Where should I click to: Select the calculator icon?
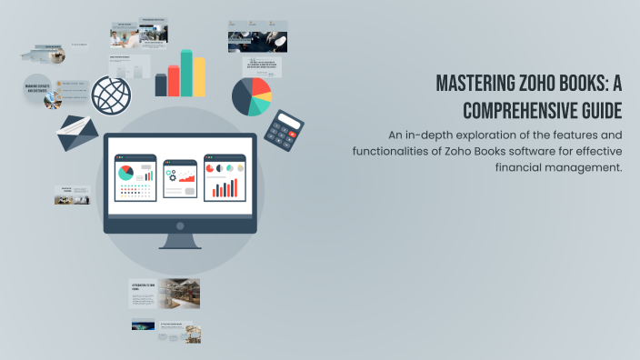(x=284, y=132)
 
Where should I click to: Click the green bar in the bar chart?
(x=186, y=73)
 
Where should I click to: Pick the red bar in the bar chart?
(x=173, y=80)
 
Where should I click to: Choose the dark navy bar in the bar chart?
(x=161, y=85)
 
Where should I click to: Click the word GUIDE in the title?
(x=602, y=111)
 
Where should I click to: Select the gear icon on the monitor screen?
(x=171, y=175)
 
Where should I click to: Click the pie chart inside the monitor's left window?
(x=125, y=172)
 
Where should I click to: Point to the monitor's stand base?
(x=180, y=245)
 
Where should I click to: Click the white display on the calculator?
(x=291, y=121)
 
